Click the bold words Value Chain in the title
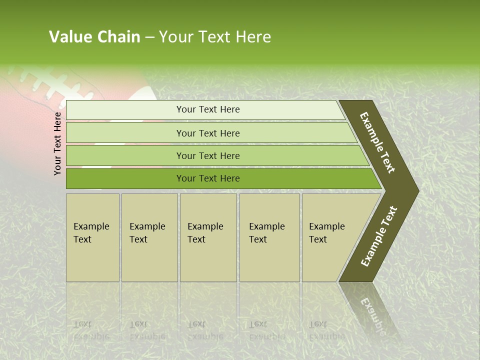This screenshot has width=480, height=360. [94, 37]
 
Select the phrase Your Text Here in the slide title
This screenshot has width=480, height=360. [215, 37]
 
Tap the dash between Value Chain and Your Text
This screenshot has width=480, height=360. [149, 37]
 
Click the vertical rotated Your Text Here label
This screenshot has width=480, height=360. [58, 143]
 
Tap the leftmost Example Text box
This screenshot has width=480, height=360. [92, 237]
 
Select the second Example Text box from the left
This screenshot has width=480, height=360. [149, 237]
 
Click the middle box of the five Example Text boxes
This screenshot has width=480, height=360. [208, 237]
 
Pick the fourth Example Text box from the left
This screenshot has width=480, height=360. [269, 237]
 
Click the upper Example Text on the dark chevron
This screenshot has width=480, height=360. [377, 142]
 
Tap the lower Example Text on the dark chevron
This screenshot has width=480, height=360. [379, 236]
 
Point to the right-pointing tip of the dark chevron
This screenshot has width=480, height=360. [416, 190]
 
